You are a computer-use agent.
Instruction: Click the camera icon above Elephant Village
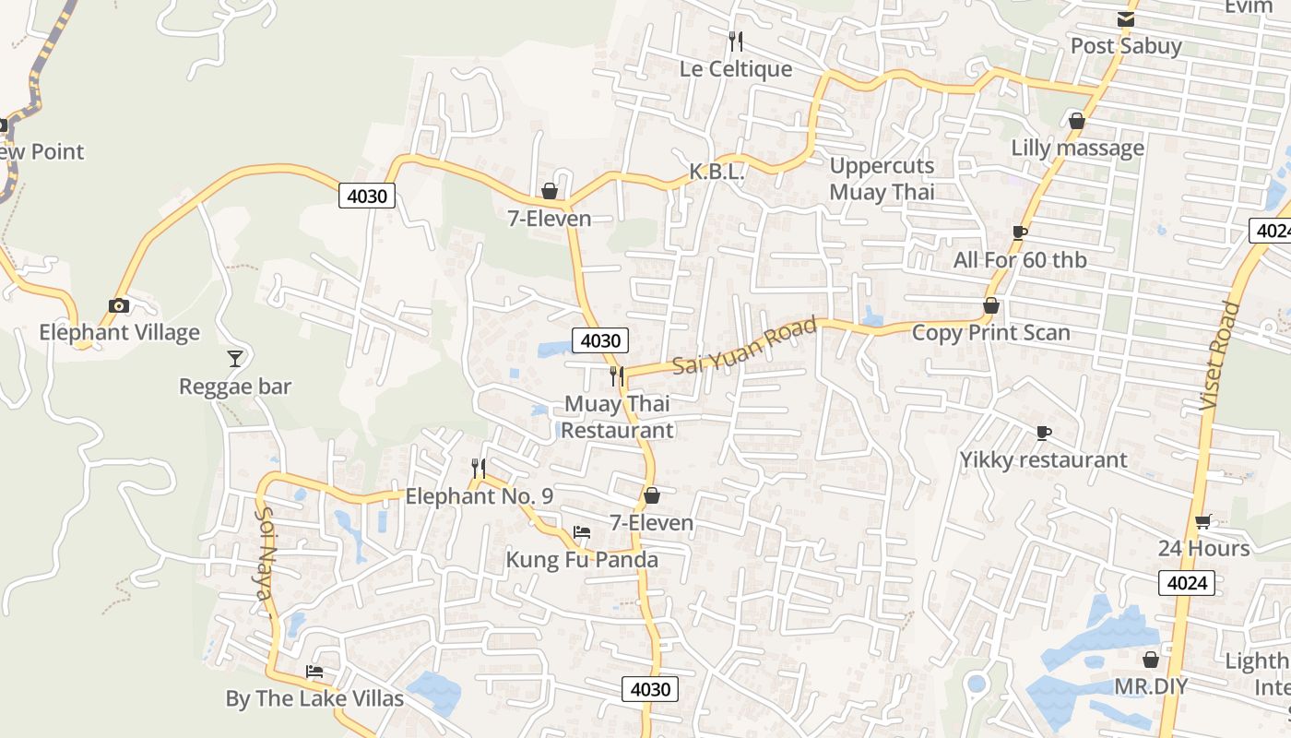click(118, 305)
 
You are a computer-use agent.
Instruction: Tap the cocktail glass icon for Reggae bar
click(235, 358)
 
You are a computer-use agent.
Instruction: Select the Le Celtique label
click(736, 69)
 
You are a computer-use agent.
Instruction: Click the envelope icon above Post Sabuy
click(1125, 19)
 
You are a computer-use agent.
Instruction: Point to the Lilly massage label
click(1077, 148)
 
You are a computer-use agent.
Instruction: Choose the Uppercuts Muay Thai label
click(882, 179)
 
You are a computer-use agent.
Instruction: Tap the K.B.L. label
click(717, 172)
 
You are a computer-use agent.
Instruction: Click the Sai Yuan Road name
click(745, 346)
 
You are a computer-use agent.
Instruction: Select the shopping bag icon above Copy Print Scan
click(991, 305)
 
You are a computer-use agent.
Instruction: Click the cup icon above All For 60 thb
click(1019, 232)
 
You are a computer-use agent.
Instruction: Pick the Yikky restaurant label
click(1043, 459)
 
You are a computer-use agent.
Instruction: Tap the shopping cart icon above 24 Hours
click(1202, 522)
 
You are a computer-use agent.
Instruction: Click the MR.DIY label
click(1151, 686)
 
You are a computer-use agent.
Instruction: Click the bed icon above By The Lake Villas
click(314, 672)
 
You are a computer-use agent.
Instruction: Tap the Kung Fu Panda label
click(582, 560)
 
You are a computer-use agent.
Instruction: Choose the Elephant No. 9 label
click(480, 496)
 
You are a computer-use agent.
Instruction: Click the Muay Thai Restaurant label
click(617, 417)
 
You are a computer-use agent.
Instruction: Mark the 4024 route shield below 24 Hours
click(1186, 582)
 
